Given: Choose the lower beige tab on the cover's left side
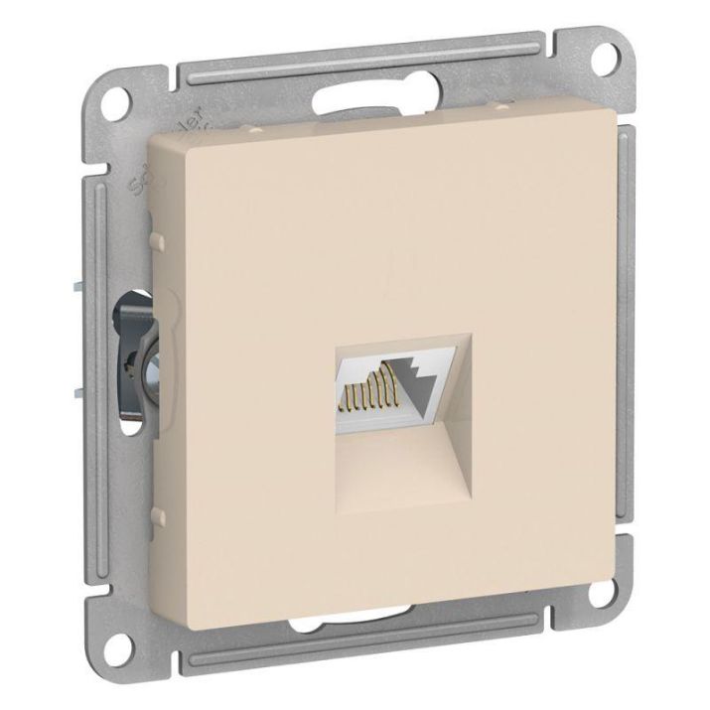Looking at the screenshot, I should coord(157,514).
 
